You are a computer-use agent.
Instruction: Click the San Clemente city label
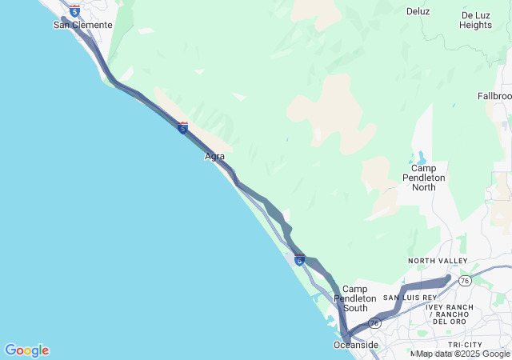pyautogui.click(x=82, y=25)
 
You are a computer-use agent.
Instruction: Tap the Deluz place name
pyautogui.click(x=418, y=11)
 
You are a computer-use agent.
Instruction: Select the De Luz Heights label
pyautogui.click(x=475, y=20)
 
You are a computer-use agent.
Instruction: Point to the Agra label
pyautogui.click(x=214, y=156)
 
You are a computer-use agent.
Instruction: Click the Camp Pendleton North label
pyautogui.click(x=424, y=178)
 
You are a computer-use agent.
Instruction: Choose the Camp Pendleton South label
pyautogui.click(x=354, y=298)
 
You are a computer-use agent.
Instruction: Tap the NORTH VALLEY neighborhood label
pyautogui.click(x=438, y=261)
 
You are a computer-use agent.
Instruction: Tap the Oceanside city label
pyautogui.click(x=356, y=345)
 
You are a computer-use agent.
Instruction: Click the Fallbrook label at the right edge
pyautogui.click(x=496, y=96)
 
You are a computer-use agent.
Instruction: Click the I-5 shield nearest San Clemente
pyautogui.click(x=74, y=11)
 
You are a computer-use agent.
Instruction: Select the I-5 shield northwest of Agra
pyautogui.click(x=183, y=127)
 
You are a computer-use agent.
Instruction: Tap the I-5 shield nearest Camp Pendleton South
pyautogui.click(x=299, y=258)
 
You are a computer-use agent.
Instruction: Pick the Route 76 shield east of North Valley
pyautogui.click(x=465, y=279)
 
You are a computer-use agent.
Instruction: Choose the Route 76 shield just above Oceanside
pyautogui.click(x=374, y=323)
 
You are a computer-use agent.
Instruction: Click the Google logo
pyautogui.click(x=26, y=350)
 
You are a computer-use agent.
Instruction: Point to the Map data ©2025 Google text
pyautogui.click(x=462, y=354)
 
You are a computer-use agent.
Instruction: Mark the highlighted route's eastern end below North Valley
pyautogui.click(x=448, y=278)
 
